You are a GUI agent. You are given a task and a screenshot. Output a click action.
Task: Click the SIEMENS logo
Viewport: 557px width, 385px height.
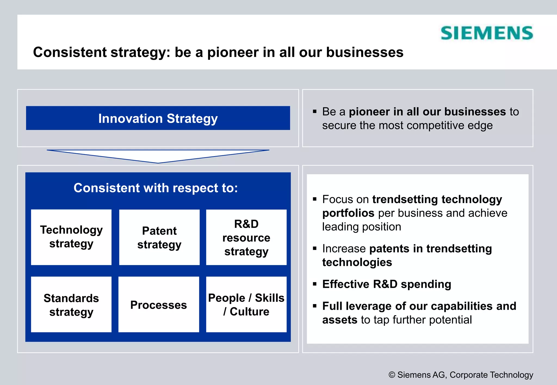[487, 33]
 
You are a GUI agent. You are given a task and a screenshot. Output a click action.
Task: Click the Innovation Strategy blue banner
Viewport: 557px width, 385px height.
[158, 118]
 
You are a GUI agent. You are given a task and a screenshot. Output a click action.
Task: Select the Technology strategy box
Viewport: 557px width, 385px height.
[71, 237]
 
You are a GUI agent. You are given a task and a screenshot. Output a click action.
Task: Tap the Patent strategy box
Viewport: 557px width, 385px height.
[159, 237]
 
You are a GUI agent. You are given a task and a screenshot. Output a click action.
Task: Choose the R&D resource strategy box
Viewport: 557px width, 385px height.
[246, 237]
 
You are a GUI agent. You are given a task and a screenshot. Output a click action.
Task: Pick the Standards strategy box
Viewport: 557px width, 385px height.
[71, 304]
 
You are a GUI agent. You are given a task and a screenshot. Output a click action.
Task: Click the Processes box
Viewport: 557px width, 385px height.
[159, 305]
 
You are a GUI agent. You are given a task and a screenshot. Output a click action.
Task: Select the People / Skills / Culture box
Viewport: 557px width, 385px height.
[246, 304]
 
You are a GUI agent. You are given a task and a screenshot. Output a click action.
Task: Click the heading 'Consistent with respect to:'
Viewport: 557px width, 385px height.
[156, 188]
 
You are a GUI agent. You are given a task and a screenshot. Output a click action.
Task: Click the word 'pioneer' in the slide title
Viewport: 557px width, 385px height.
[233, 52]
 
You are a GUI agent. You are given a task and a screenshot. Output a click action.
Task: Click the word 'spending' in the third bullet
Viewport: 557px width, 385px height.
[426, 284]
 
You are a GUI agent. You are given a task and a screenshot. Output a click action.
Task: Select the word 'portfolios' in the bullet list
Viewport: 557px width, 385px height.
[348, 213]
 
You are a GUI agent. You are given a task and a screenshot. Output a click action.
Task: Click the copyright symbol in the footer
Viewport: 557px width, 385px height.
[392, 375]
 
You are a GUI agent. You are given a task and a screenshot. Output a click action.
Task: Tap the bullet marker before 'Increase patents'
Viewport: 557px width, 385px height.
[315, 248]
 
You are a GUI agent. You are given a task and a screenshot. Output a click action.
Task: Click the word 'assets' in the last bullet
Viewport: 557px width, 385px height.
[340, 320]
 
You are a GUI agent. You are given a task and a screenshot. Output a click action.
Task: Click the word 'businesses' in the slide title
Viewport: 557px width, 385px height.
[364, 52]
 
